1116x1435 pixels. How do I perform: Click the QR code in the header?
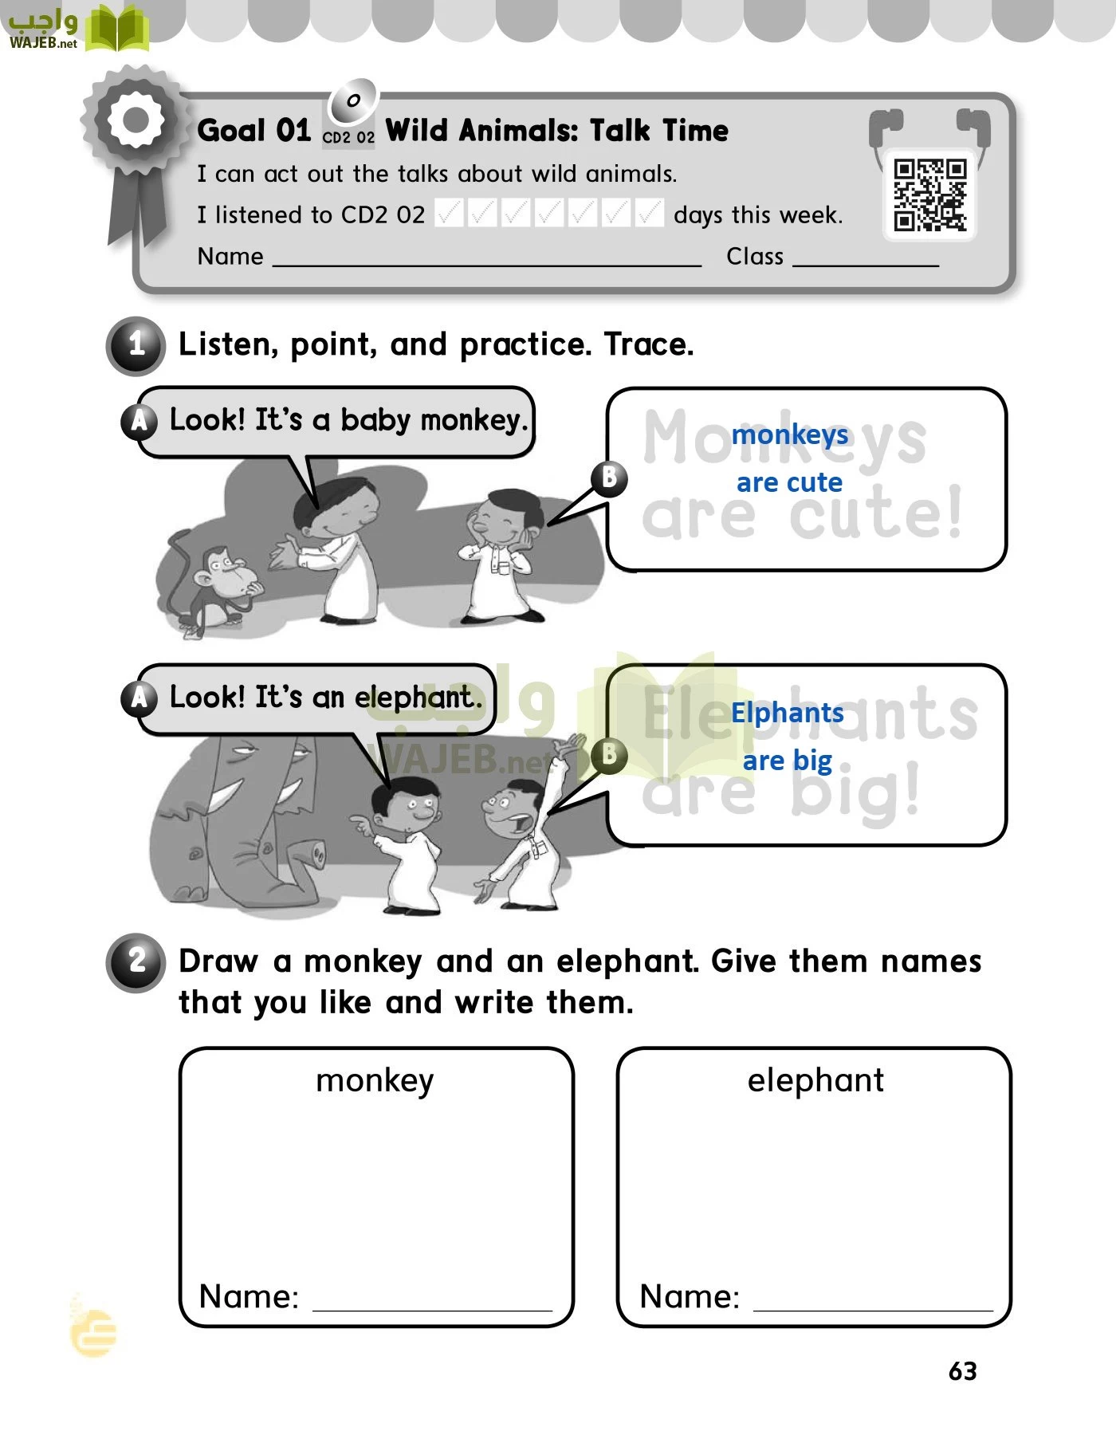click(929, 195)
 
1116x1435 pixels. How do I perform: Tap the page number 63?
click(962, 1370)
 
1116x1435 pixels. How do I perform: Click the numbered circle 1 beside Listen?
click(136, 345)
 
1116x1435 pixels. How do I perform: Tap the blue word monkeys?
click(789, 434)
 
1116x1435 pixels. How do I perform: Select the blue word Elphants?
click(787, 713)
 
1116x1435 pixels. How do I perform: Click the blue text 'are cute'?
click(789, 482)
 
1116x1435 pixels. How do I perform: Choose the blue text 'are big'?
click(787, 761)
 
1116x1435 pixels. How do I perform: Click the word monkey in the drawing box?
click(375, 1080)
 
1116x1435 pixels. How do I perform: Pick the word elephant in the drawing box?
click(815, 1080)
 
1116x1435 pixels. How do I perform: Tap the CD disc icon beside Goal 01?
click(352, 100)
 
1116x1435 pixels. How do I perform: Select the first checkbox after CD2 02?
click(449, 214)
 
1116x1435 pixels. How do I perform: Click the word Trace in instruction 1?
click(648, 344)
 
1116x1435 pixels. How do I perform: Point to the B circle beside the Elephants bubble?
click(609, 754)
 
